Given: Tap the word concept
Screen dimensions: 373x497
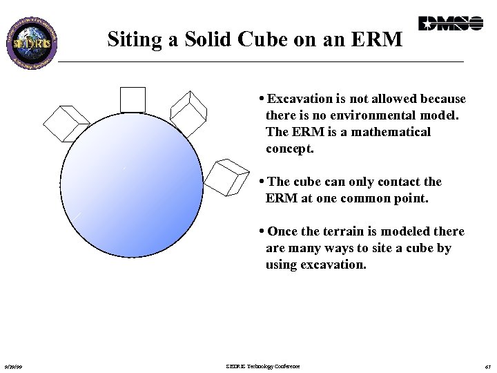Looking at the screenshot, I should coord(290,148).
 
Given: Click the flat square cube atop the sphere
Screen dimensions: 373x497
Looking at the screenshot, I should coord(133,99).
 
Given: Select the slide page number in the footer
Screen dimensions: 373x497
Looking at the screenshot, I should coord(487,367).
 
